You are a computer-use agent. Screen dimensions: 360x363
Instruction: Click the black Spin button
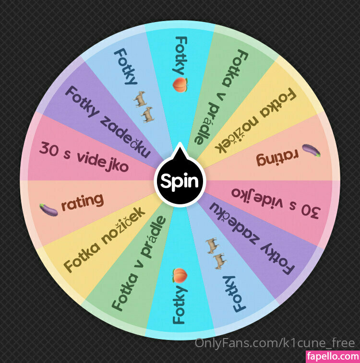tap(180, 181)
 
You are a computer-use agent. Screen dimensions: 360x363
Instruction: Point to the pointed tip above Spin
tap(180, 142)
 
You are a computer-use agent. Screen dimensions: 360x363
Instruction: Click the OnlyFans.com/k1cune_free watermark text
tap(275, 343)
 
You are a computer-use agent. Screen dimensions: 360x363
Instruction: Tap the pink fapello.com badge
tap(333, 357)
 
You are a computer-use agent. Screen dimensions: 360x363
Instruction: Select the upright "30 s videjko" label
tap(84, 157)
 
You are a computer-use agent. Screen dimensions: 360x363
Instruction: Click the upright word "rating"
tap(82, 202)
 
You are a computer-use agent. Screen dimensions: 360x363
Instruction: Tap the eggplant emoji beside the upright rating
tap(48, 210)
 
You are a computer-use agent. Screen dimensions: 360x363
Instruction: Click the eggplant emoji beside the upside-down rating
tap(312, 151)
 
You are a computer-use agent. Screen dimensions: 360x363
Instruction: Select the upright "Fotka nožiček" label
tap(104, 239)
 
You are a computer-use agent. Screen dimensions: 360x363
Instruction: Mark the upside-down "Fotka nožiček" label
tap(255, 121)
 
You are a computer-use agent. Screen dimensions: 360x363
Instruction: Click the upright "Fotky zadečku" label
tap(108, 121)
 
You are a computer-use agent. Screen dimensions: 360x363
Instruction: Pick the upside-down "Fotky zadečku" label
tap(252, 239)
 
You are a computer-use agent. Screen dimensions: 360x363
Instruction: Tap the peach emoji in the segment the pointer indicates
tap(180, 85)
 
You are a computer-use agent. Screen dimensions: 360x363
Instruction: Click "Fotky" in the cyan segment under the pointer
tap(180, 56)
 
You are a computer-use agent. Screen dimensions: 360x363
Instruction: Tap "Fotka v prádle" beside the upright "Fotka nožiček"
tap(139, 263)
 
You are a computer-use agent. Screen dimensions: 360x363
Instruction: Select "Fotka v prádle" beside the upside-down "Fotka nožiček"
tap(221, 97)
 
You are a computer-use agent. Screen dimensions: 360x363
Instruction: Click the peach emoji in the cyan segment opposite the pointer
tap(180, 276)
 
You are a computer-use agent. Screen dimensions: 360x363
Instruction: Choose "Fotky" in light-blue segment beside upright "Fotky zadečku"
tap(126, 67)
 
